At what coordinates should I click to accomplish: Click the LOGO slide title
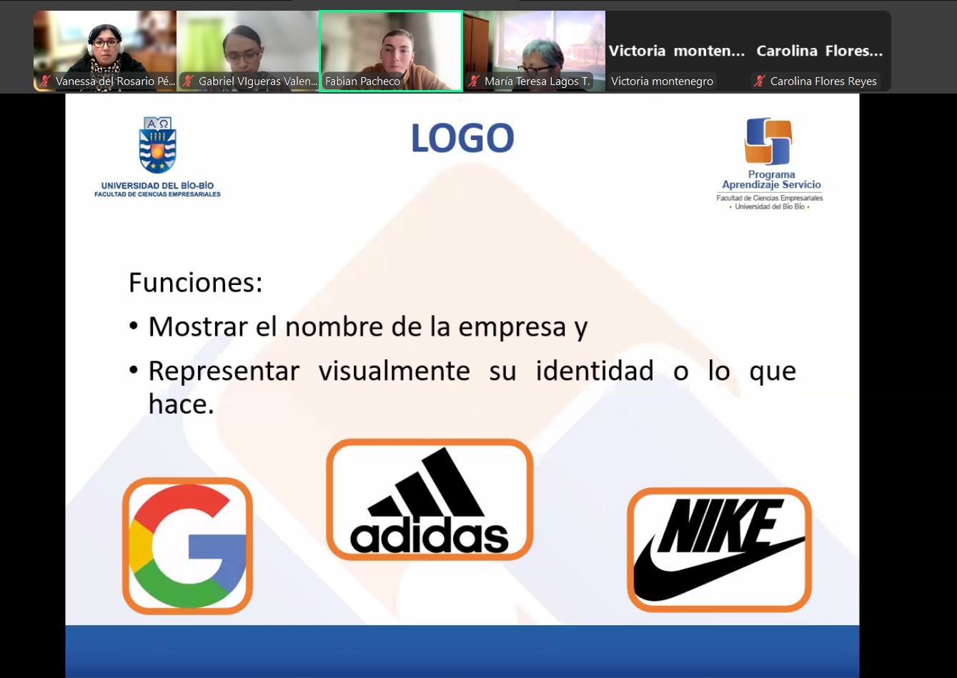click(x=462, y=137)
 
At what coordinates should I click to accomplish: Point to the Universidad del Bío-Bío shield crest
click(x=158, y=145)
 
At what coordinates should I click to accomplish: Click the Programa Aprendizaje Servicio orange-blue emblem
click(x=768, y=141)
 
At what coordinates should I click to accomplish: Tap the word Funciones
click(x=195, y=283)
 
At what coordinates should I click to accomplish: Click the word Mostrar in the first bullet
click(x=198, y=326)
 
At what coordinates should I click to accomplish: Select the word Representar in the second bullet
click(x=224, y=371)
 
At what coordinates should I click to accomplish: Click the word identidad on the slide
click(x=595, y=370)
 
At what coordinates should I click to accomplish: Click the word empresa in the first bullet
click(x=512, y=327)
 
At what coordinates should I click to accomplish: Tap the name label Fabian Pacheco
click(x=362, y=81)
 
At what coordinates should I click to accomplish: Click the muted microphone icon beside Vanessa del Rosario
click(x=45, y=81)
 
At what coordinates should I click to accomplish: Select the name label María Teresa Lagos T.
click(x=537, y=81)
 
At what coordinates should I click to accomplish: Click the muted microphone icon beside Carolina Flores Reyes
click(x=759, y=81)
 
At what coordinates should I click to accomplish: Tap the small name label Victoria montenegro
click(x=662, y=81)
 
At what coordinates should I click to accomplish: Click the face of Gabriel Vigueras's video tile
click(x=243, y=54)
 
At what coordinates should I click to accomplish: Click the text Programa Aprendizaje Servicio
click(x=771, y=180)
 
